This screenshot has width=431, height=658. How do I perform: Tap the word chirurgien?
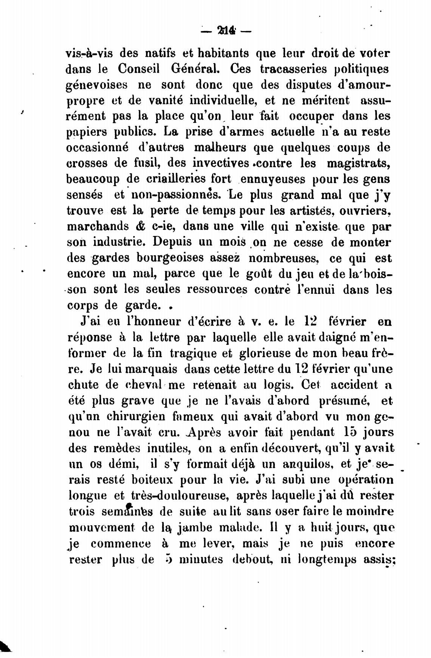pos(136,416)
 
